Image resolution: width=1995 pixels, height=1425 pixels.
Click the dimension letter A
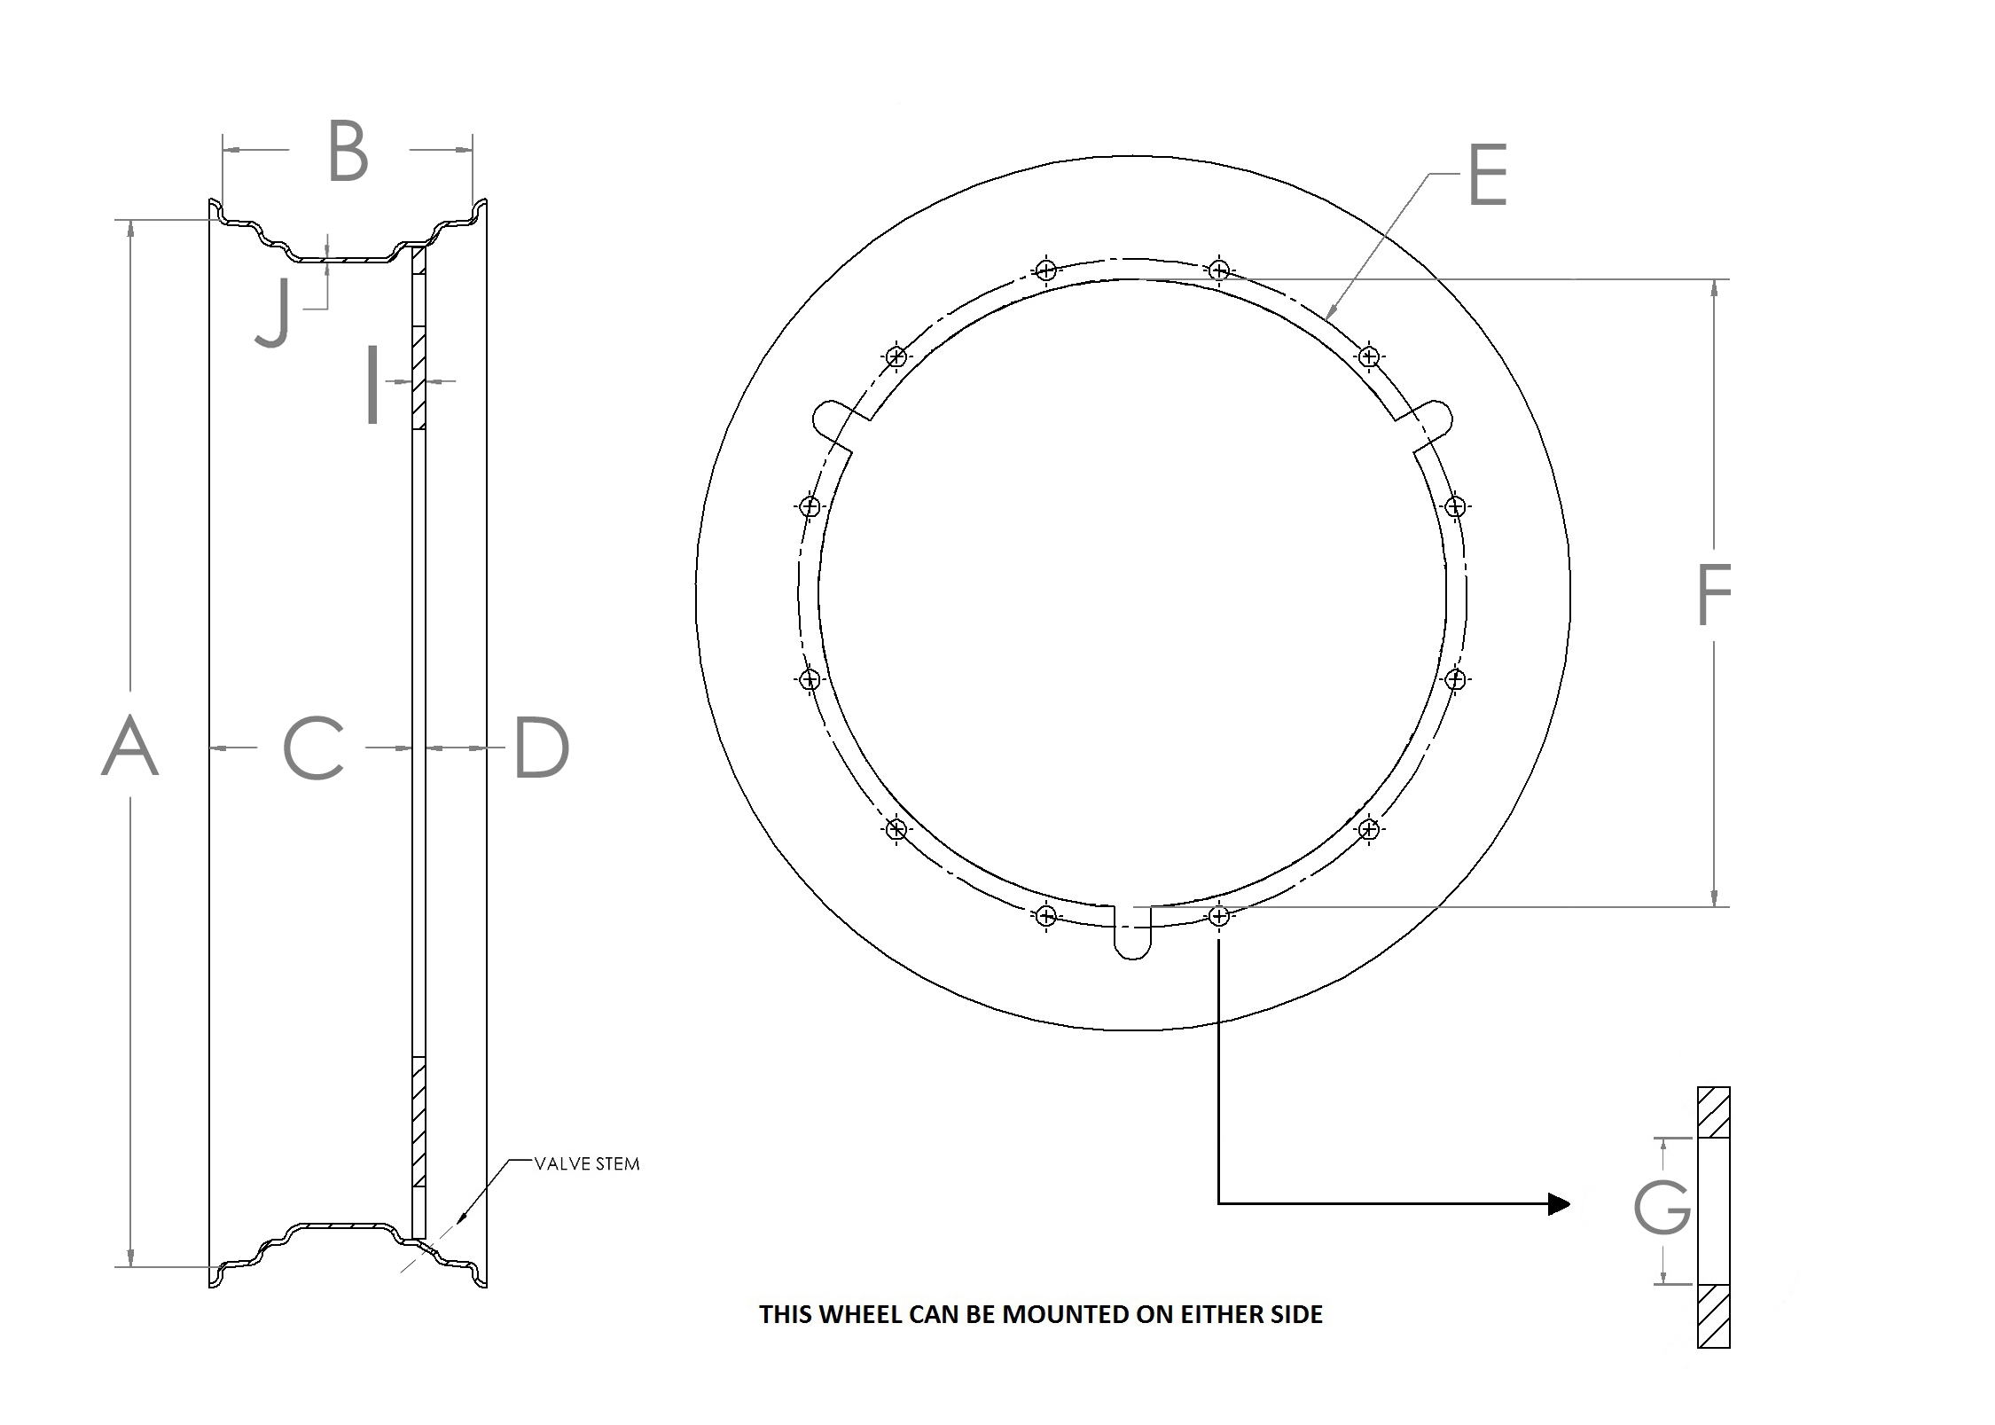(130, 747)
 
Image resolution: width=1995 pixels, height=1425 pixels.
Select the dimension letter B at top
(348, 153)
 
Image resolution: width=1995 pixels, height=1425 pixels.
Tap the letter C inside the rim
(314, 748)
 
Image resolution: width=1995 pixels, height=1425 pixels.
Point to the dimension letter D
(541, 748)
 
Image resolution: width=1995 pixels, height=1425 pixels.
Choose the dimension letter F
(1713, 595)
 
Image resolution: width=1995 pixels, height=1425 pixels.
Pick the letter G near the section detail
(1662, 1206)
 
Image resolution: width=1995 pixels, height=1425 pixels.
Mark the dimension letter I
(373, 384)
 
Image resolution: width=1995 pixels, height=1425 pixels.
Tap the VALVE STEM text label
(586, 1164)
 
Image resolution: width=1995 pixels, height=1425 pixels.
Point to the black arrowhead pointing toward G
(1558, 1203)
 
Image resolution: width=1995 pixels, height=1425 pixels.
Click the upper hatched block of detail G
(1713, 1113)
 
